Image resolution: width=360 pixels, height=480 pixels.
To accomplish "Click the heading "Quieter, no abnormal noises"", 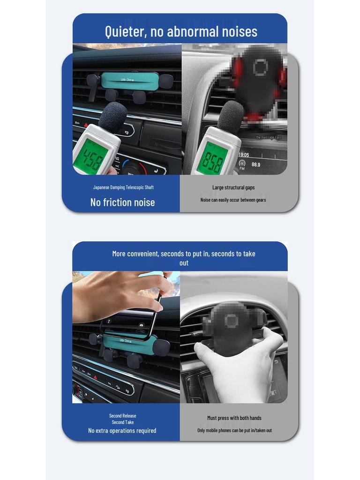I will tap(180, 31).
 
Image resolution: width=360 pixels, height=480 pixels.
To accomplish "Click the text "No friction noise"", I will tap(122, 202).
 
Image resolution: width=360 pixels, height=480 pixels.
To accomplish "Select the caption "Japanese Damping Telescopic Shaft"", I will tap(123, 187).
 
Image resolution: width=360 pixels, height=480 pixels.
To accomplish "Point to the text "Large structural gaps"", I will tap(233, 187).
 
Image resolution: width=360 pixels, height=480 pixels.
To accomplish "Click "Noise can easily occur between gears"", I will tap(233, 200).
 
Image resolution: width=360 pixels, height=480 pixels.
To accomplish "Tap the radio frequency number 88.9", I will tap(256, 165).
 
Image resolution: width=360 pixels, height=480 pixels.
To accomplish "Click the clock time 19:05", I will tap(243, 155).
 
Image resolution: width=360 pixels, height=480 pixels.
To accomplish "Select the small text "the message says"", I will tap(269, 137).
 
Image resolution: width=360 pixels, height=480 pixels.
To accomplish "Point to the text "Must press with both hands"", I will tap(234, 418).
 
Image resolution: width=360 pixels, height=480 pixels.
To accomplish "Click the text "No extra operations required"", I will tap(122, 430).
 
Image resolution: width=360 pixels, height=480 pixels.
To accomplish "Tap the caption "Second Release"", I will tap(123, 416).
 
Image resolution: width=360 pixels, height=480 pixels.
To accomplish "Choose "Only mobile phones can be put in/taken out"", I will tap(234, 430).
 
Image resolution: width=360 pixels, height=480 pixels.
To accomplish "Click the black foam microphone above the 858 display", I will tap(231, 117).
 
